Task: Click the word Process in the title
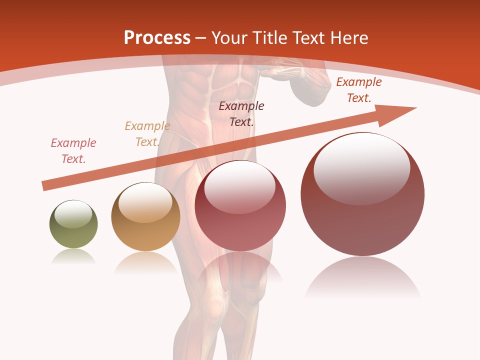point(157,38)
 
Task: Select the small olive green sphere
point(73,224)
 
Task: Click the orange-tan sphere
point(145,217)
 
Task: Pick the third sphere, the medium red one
point(240,206)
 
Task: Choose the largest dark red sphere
point(362,194)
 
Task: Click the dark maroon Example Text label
point(241,113)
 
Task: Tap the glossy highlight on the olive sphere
point(73,214)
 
